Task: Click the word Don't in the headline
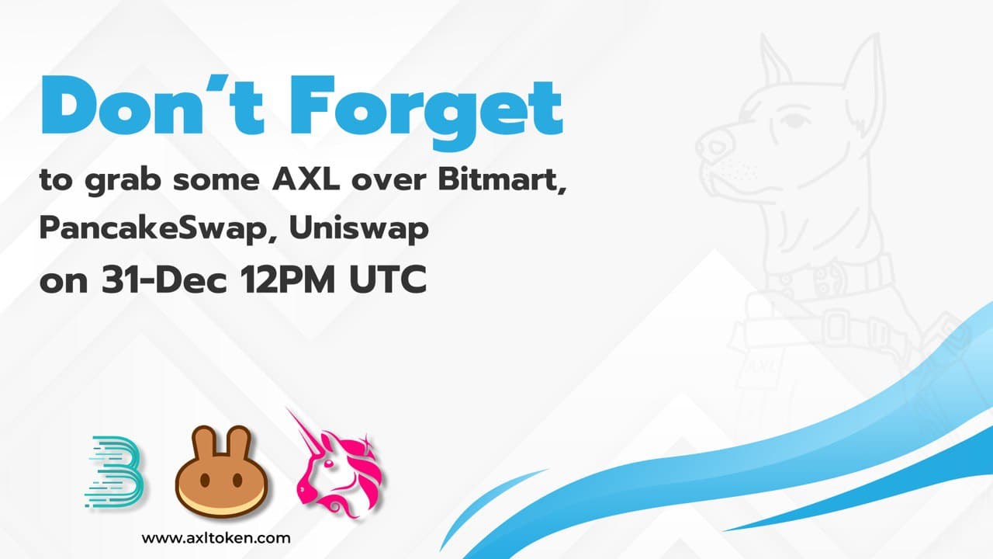[153, 105]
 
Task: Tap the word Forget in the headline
[426, 113]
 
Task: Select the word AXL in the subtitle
[306, 180]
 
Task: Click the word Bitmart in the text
[502, 181]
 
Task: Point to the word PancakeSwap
[157, 229]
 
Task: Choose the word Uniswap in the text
[359, 229]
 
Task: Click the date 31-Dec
[164, 279]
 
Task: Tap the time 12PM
[287, 279]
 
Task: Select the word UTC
[388, 279]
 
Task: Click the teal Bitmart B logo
[114, 472]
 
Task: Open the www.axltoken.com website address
[216, 539]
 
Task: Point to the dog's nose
[714, 144]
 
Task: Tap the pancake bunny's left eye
[205, 480]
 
